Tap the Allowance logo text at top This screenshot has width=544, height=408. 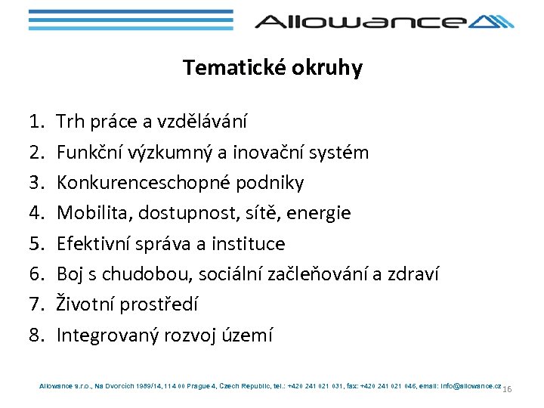[x=360, y=21]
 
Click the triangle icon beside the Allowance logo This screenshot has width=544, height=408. [x=492, y=21]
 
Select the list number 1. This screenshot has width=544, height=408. [x=36, y=122]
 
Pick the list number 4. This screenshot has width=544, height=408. [x=36, y=213]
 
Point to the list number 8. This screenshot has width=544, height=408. [x=36, y=335]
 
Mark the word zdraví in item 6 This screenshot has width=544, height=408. [x=413, y=274]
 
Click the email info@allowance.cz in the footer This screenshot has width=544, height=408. [x=461, y=386]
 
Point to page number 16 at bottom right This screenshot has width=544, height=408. [x=507, y=389]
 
